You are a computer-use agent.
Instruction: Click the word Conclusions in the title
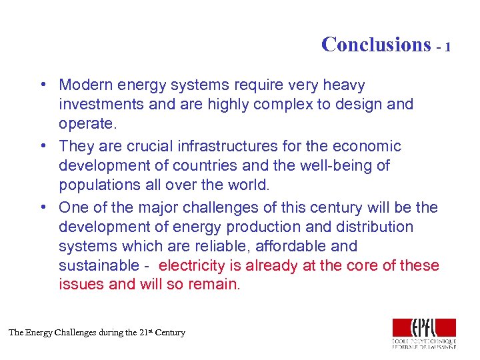[376, 45]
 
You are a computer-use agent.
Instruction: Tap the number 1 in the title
[448, 47]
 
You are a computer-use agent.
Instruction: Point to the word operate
[86, 123]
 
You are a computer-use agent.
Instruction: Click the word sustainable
[99, 265]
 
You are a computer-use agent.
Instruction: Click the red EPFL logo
[424, 327]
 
